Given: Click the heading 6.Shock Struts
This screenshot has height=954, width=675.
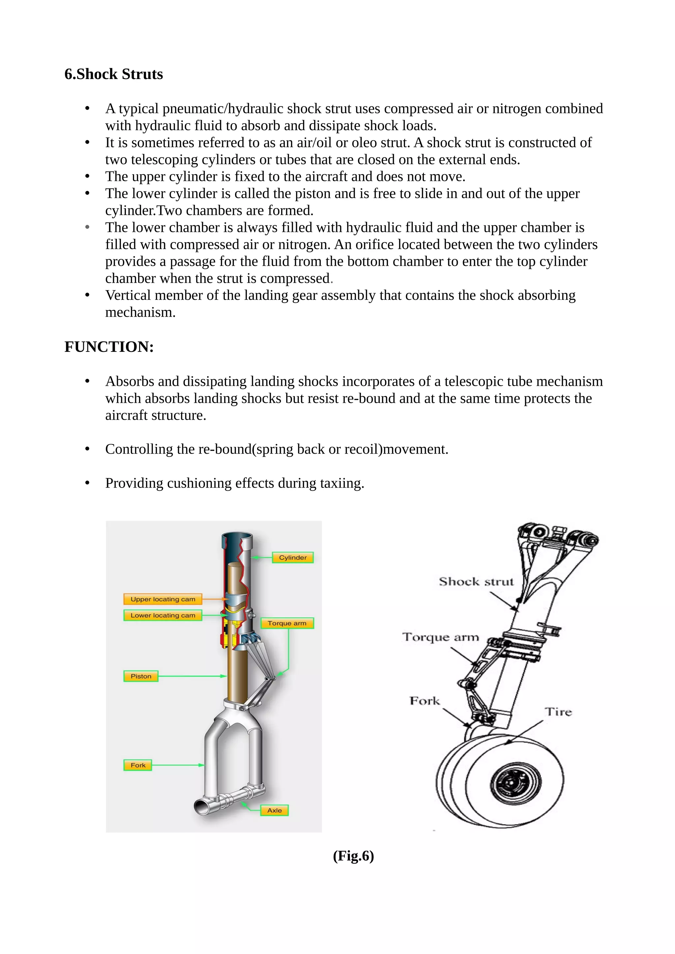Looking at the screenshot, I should coord(113,74).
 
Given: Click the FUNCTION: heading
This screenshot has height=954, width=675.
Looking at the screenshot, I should coord(109,347).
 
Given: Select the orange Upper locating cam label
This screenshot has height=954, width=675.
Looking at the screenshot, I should coord(162,599).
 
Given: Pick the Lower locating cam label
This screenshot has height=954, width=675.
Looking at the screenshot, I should coord(162,615).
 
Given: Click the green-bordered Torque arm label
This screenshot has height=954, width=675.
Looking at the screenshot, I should coord(287,623).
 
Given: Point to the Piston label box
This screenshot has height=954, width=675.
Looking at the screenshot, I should coord(141,676).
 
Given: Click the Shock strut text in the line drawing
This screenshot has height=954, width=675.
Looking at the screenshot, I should coord(476,581).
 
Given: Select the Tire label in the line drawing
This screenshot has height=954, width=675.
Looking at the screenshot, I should coord(558,712).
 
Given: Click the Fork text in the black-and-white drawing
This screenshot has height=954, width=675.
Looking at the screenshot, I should coord(425,701).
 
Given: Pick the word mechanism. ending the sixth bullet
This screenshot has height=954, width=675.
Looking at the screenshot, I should coord(140,312).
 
